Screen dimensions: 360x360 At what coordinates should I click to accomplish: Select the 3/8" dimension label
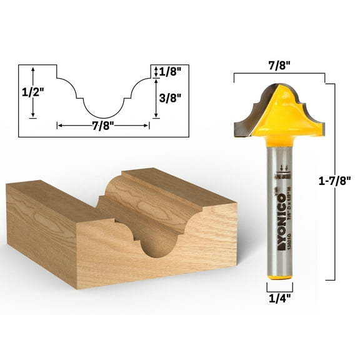coord(170,97)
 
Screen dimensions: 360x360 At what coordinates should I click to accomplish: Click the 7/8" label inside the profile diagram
coord(102,125)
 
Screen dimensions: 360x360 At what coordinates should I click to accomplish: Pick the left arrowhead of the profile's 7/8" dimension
coord(59,125)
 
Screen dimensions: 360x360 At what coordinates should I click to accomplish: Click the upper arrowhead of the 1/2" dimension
coord(34,67)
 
